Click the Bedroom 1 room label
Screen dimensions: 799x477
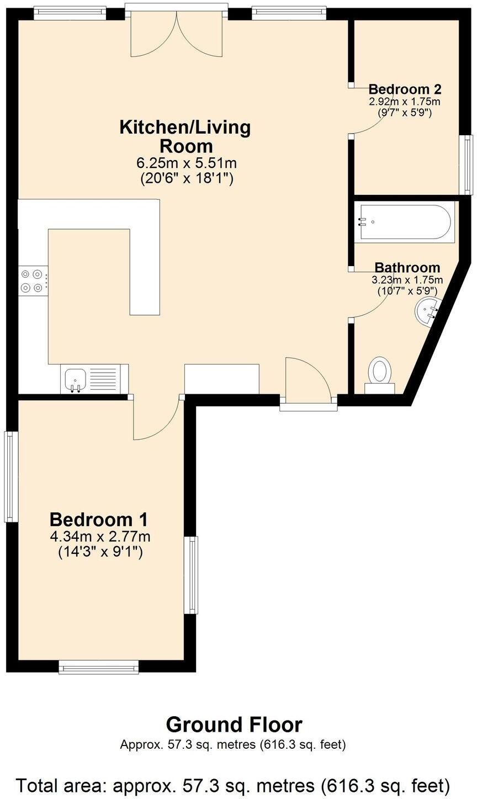click(99, 520)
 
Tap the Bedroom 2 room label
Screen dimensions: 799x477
click(405, 89)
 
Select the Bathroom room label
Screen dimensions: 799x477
click(407, 268)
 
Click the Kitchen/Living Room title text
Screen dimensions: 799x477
click(185, 136)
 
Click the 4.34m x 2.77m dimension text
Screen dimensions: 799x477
click(100, 536)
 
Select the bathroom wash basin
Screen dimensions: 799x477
click(427, 311)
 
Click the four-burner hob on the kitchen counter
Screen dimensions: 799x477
click(31, 280)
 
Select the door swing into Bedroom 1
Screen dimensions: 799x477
click(155, 418)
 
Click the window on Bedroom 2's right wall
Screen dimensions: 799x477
click(468, 165)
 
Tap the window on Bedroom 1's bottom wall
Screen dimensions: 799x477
click(99, 668)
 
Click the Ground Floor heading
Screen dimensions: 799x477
click(234, 724)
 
